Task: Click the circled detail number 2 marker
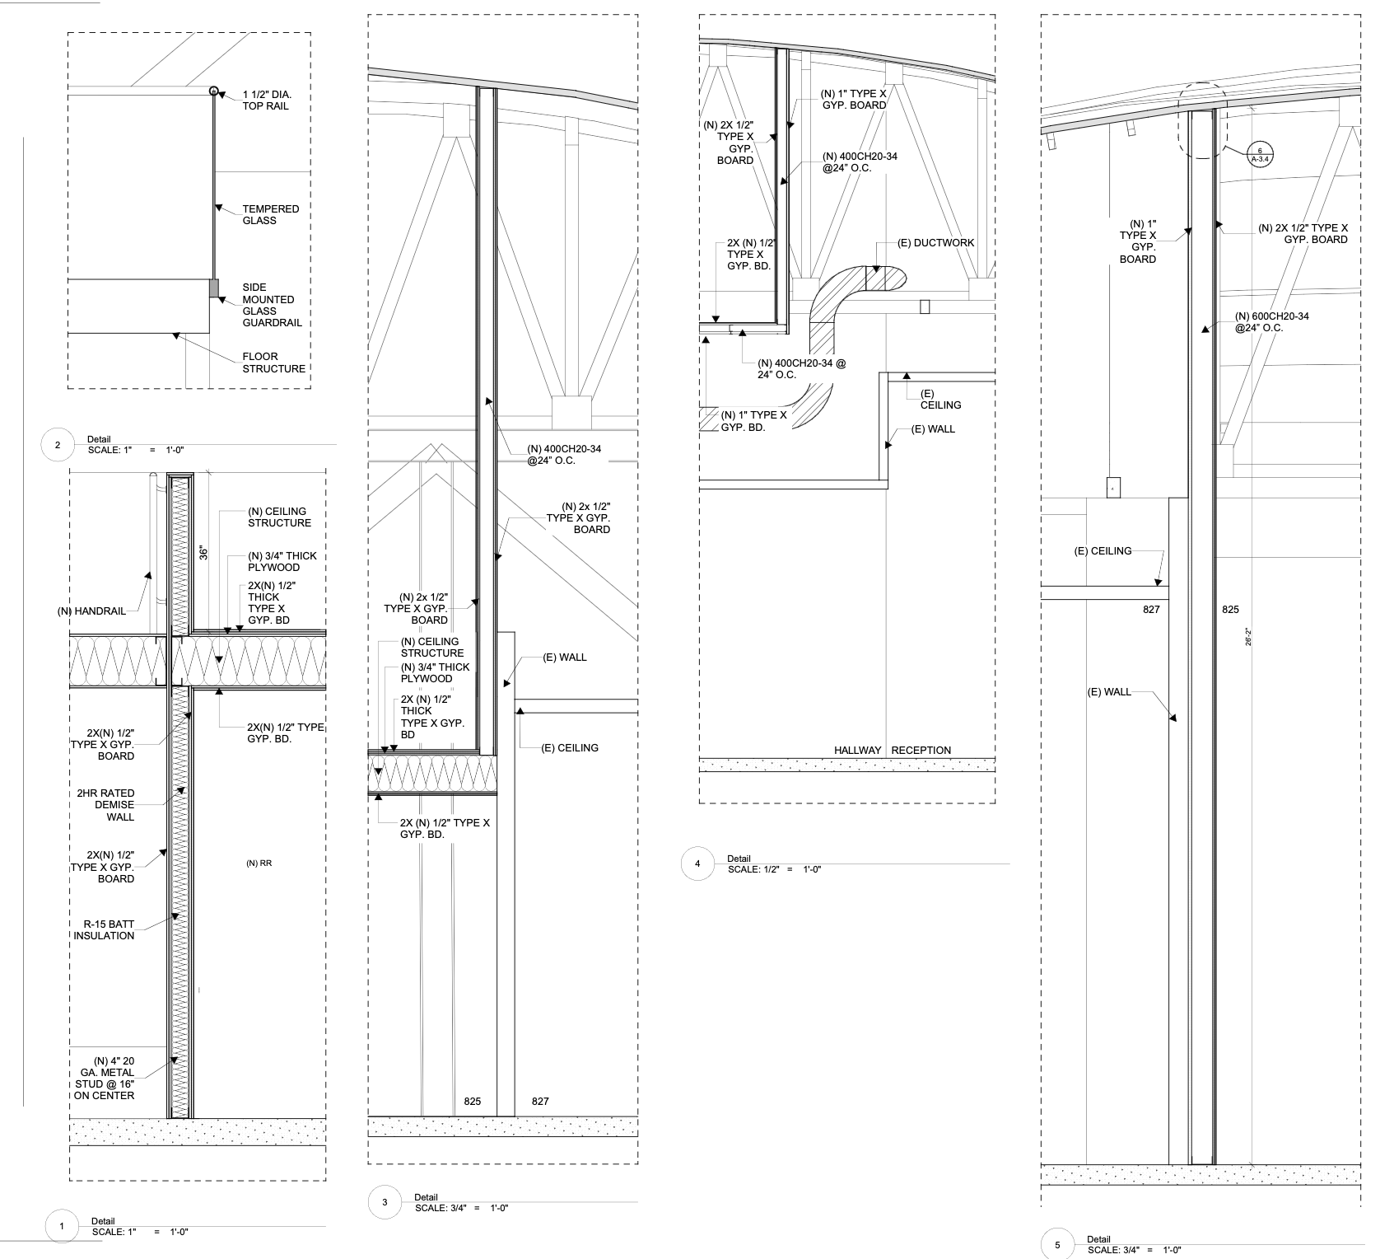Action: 57,446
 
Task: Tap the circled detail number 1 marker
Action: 62,1227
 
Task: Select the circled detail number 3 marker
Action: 385,1203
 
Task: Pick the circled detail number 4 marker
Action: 697,864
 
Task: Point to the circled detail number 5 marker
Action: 1058,1245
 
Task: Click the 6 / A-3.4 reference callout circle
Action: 1260,156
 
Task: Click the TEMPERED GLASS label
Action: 271,214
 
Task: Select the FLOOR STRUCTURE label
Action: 274,363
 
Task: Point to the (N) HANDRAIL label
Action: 91,611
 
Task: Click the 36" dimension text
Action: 203,550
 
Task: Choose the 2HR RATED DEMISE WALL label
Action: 105,805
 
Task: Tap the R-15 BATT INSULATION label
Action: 104,929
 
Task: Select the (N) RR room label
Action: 259,864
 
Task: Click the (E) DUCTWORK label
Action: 935,243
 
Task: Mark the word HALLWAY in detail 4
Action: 857,751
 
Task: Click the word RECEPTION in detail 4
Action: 921,751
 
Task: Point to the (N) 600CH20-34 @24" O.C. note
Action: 1272,322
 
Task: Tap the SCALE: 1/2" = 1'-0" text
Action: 775,870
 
